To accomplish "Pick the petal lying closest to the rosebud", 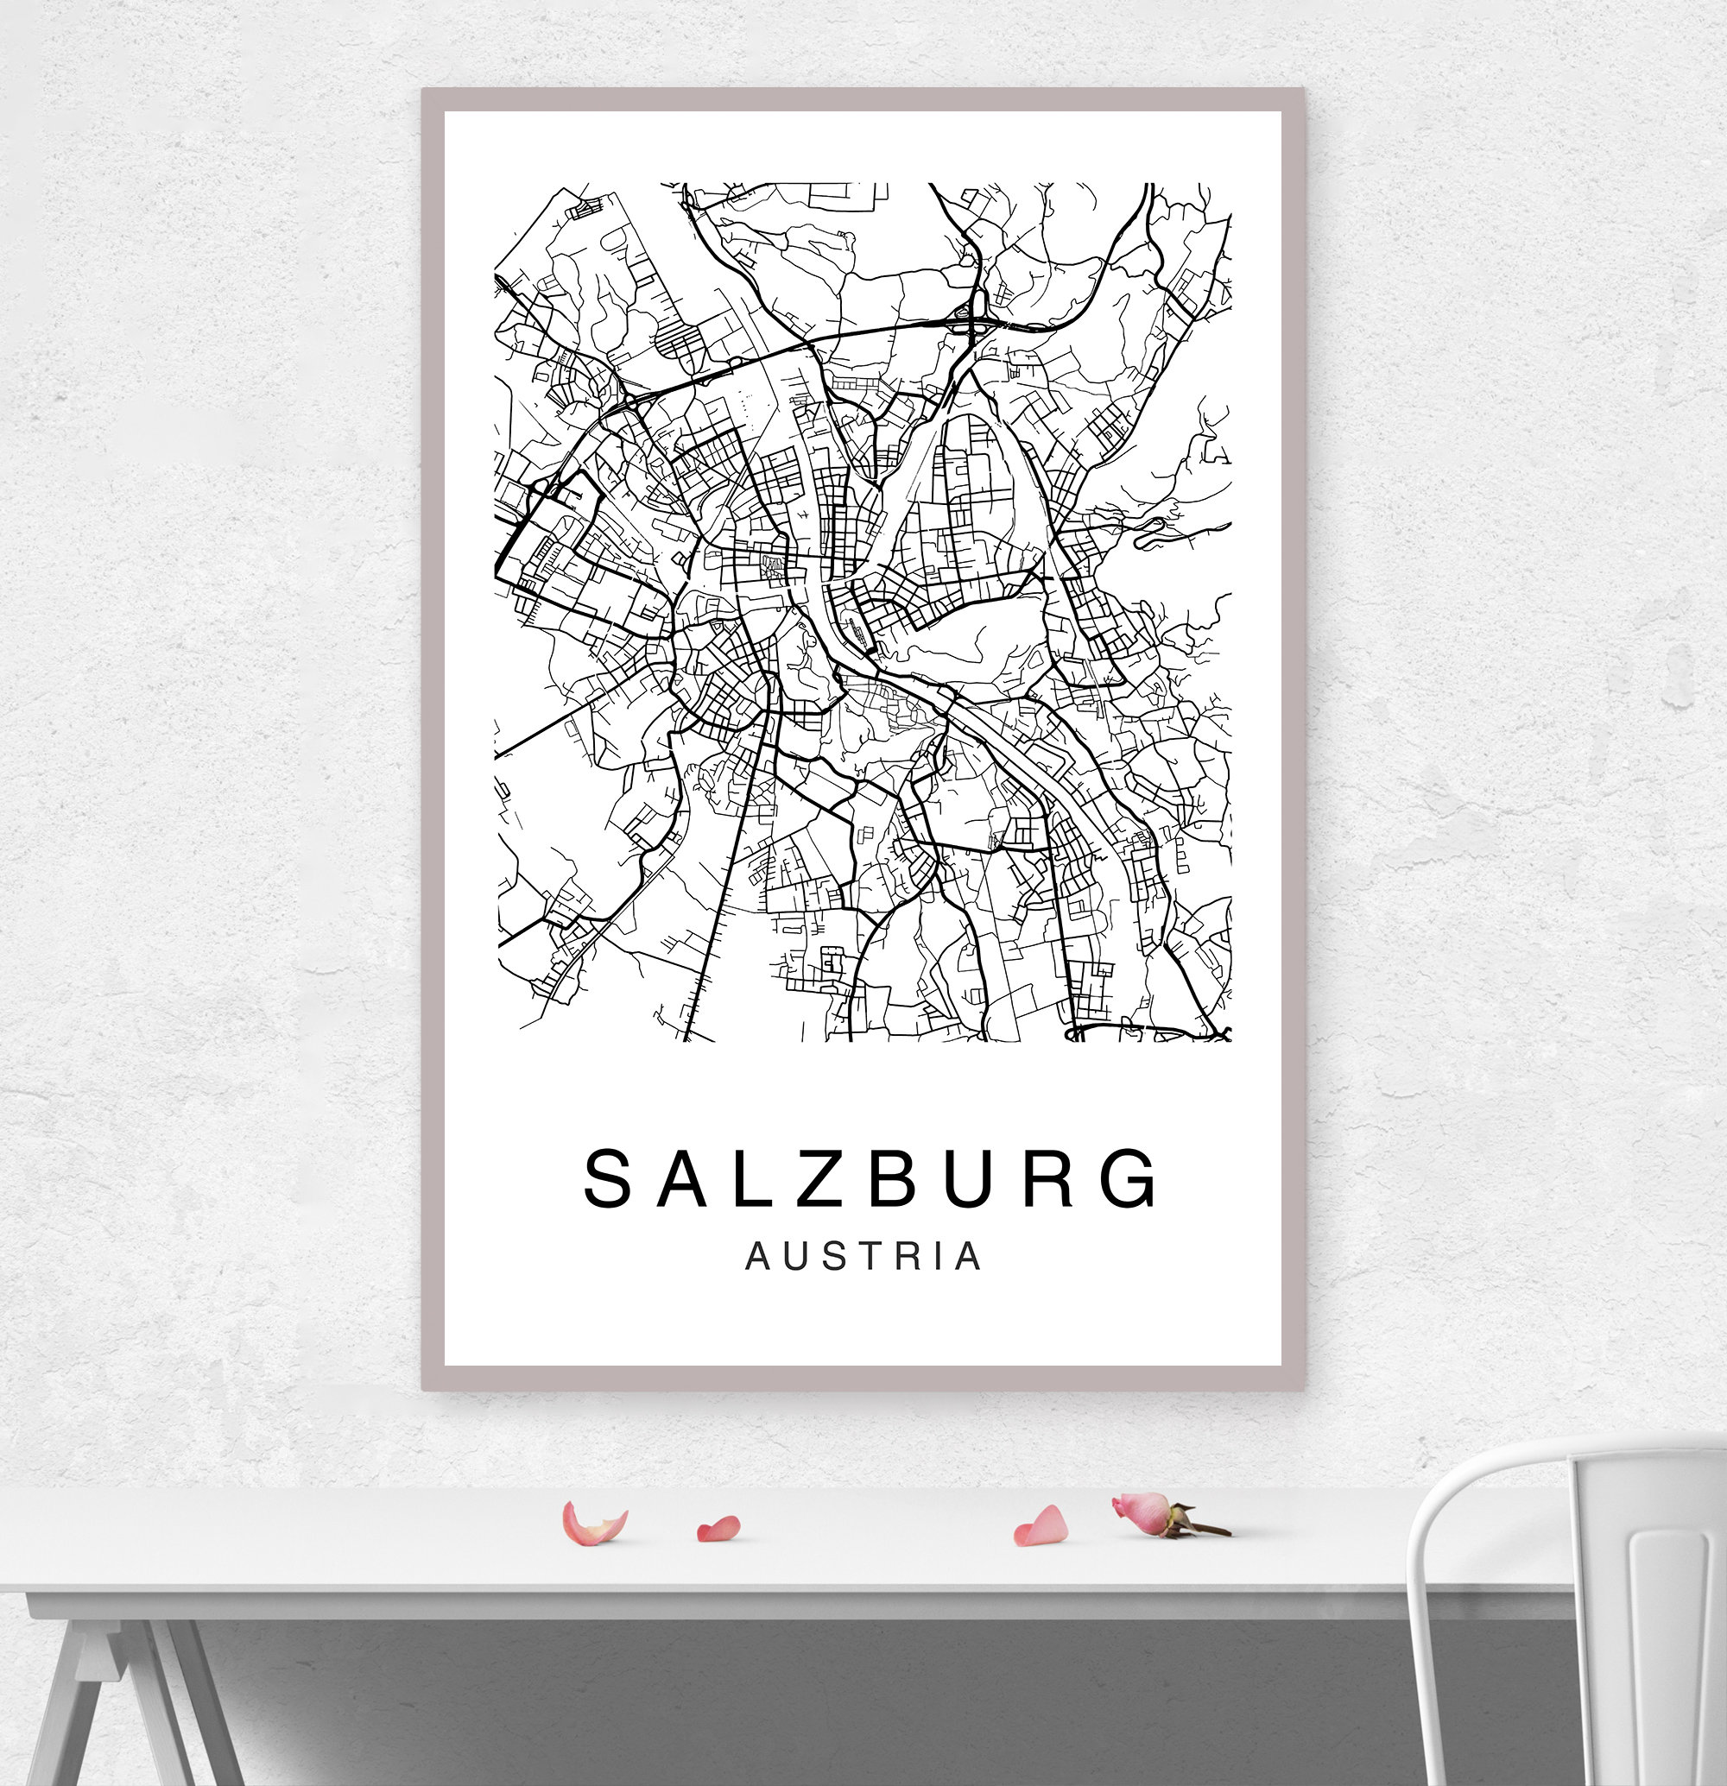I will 1040,1526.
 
